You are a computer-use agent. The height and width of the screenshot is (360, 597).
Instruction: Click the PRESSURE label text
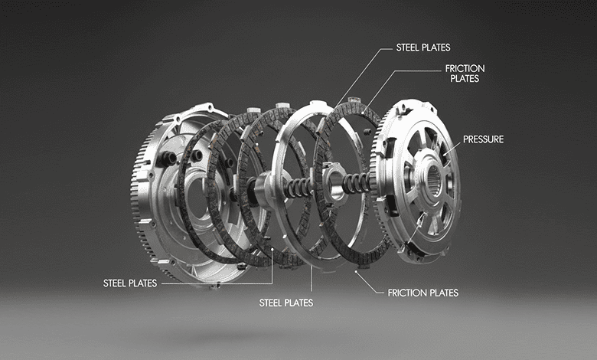(483, 139)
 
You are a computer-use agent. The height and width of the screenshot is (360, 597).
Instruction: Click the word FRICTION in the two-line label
(465, 69)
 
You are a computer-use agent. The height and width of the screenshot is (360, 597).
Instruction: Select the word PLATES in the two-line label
(465, 78)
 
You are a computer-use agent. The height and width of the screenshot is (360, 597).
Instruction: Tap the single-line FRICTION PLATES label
(423, 293)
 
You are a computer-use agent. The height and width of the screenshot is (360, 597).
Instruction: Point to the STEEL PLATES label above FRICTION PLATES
(423, 47)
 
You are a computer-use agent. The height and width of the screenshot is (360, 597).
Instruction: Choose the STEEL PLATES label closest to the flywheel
(130, 283)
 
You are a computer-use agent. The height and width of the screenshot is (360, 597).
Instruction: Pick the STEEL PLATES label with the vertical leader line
(286, 303)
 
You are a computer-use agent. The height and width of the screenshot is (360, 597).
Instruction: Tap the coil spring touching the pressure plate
(356, 183)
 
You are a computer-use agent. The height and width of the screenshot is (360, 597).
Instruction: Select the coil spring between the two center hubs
(298, 188)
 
